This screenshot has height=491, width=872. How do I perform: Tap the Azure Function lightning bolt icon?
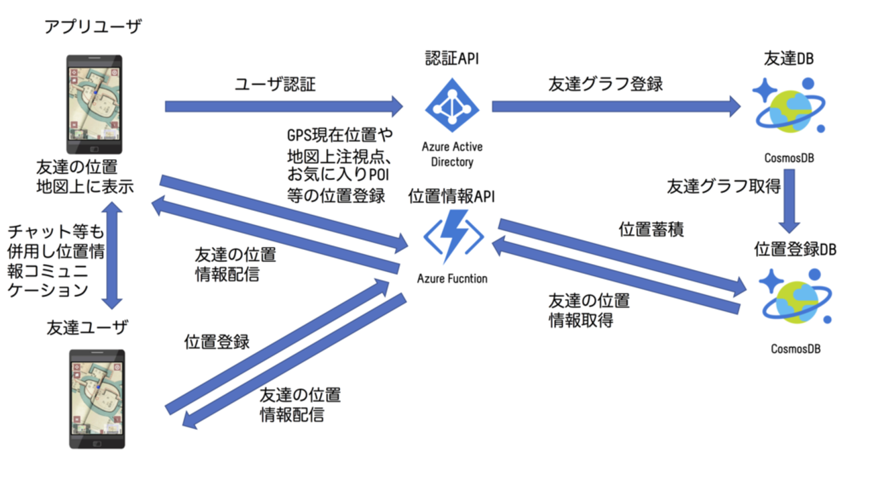coord(453,236)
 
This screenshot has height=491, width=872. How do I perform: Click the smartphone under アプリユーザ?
coord(94,104)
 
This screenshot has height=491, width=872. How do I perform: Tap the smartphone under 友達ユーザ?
coord(98,398)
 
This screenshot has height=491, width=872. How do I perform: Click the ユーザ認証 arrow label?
coord(275,85)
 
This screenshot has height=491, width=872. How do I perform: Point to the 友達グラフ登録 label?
coord(606,84)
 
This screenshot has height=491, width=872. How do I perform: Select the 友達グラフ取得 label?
coord(723,187)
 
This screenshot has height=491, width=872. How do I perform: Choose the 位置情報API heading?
coord(451,196)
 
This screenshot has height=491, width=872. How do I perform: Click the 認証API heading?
coord(451,59)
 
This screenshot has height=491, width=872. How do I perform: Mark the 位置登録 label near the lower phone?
coord(217,342)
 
